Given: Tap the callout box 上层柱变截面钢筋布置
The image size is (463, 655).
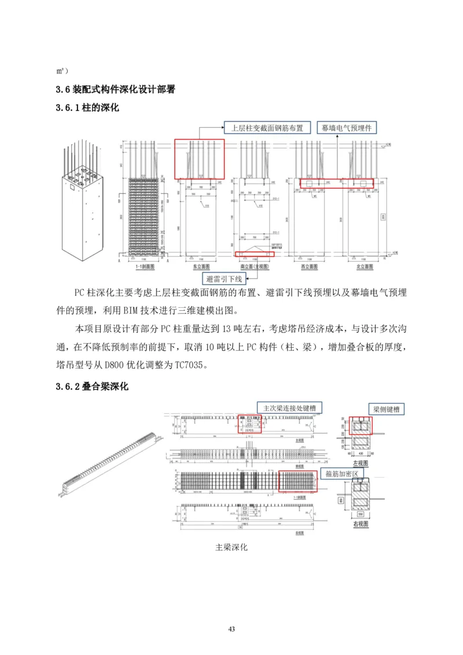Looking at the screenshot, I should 267,128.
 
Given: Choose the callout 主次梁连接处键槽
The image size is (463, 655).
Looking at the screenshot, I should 289,407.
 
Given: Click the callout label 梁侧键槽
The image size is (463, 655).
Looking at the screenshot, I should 387,409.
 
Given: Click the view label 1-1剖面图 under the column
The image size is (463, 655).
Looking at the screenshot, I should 144,267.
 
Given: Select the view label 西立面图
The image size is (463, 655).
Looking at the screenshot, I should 311,267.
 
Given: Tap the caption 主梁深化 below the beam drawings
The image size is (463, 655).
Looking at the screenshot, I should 231,547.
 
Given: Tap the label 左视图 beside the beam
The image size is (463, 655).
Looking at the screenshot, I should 361,463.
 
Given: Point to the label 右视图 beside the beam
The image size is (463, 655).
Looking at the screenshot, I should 361,524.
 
